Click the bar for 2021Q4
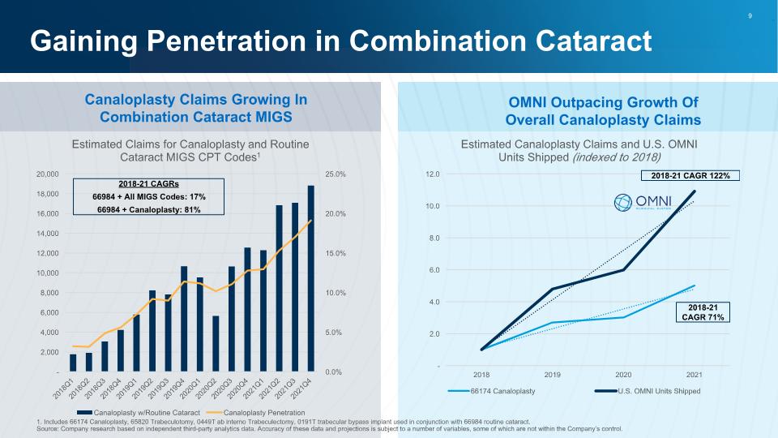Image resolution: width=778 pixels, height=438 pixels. [x=310, y=278]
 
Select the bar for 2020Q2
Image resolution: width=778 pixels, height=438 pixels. [x=216, y=344]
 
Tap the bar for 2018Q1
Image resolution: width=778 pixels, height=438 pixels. [x=73, y=363]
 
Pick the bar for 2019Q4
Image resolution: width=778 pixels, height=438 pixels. [x=184, y=319]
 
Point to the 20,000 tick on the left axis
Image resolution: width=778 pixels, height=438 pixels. [x=48, y=174]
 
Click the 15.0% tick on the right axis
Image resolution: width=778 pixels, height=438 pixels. [x=336, y=253]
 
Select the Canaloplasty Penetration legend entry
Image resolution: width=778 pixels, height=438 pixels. [x=255, y=413]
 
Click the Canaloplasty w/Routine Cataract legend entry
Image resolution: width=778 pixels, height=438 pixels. [x=139, y=413]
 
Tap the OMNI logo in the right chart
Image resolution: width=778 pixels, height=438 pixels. [x=643, y=202]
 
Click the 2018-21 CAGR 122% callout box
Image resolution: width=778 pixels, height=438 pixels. [x=690, y=176]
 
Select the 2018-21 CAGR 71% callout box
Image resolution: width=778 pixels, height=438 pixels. [x=703, y=312]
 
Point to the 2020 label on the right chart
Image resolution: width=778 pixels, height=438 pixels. [x=623, y=375]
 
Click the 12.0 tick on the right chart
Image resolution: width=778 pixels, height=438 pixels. [x=433, y=174]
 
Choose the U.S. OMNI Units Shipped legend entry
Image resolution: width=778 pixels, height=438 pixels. [x=648, y=391]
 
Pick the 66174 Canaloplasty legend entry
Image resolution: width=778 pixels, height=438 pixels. [x=491, y=391]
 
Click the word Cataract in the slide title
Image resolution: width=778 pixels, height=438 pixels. [x=593, y=41]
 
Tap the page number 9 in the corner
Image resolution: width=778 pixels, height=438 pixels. [x=750, y=16]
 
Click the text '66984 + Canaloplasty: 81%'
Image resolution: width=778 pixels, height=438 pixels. [x=149, y=209]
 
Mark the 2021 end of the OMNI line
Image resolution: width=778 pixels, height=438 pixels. [x=694, y=191]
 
